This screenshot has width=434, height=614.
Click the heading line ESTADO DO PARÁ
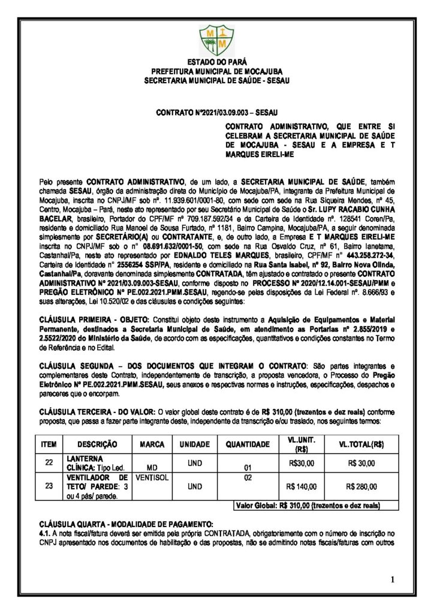[x=216, y=62]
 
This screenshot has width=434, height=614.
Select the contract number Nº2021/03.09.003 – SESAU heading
[x=216, y=112]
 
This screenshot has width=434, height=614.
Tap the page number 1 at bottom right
[x=392, y=579]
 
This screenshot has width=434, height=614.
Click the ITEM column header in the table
[x=49, y=445]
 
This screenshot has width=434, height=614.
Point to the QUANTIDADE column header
[x=248, y=445]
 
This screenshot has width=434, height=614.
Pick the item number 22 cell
[x=49, y=463]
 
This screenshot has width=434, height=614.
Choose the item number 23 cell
[x=49, y=486]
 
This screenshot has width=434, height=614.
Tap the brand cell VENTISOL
[x=152, y=478]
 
